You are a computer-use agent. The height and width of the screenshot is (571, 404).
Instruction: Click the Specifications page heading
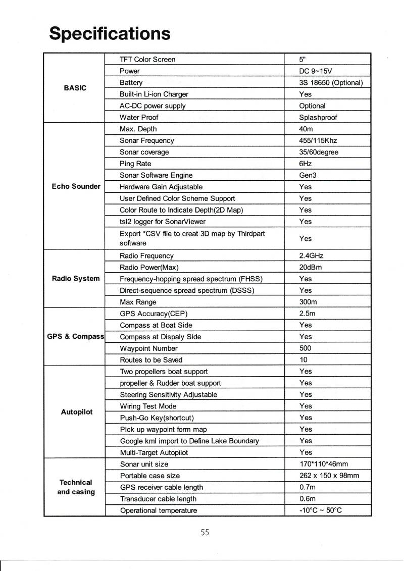[x=110, y=33]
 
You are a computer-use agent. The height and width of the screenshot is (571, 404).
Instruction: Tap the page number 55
[x=205, y=532]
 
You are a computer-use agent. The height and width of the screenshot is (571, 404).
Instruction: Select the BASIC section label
[x=75, y=88]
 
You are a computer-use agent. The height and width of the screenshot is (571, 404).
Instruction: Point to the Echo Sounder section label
[x=76, y=186]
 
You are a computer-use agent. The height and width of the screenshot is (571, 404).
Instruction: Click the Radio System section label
[x=76, y=278]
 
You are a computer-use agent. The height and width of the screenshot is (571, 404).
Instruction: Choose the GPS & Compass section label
[x=75, y=336]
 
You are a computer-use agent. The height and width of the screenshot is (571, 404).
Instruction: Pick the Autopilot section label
[x=76, y=412]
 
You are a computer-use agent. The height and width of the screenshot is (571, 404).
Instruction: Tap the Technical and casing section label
[x=76, y=487]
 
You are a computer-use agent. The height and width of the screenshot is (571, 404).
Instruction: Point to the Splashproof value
[x=318, y=118]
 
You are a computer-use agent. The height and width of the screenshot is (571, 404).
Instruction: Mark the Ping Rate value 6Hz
[x=306, y=164]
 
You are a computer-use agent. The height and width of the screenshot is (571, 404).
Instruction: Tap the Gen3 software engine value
[x=308, y=175]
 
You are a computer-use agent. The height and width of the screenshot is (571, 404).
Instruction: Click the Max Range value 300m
[x=308, y=302]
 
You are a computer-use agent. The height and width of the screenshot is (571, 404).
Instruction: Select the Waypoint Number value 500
[x=306, y=348]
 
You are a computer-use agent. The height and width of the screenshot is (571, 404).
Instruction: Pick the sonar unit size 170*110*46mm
[x=324, y=464]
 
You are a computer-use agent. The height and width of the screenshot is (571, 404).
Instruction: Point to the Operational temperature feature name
[x=158, y=510]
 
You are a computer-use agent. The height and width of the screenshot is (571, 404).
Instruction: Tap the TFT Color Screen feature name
[x=147, y=60]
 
